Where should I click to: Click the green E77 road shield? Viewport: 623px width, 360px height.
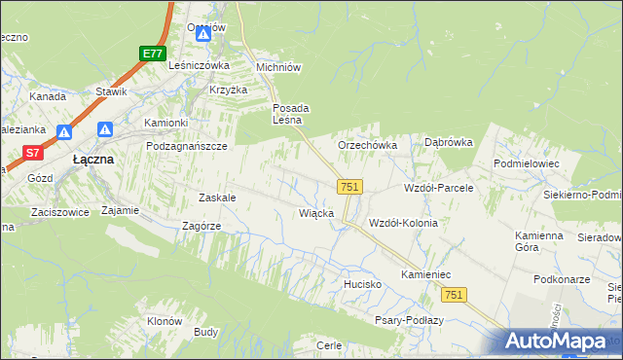point(151,54)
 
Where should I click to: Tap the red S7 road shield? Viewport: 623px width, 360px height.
point(33,153)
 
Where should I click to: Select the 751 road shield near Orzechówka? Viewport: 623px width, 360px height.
point(350,186)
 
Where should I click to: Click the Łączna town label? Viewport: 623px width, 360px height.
point(94,159)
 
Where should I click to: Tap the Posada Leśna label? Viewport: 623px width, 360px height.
point(290,114)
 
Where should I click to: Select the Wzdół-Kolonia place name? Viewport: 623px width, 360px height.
point(402,223)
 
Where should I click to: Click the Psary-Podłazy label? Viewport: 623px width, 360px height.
point(410,320)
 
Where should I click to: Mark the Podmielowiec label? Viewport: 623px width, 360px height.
point(527,164)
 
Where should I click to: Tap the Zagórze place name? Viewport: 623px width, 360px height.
point(202,226)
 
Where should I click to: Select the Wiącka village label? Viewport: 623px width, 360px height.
point(317,212)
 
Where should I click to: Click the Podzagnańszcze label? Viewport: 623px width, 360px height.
point(186,146)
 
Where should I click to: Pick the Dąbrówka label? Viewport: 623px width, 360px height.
point(449,142)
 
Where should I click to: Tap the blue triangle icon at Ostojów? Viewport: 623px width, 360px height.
point(203,35)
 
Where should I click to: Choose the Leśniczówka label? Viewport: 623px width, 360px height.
point(199,65)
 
